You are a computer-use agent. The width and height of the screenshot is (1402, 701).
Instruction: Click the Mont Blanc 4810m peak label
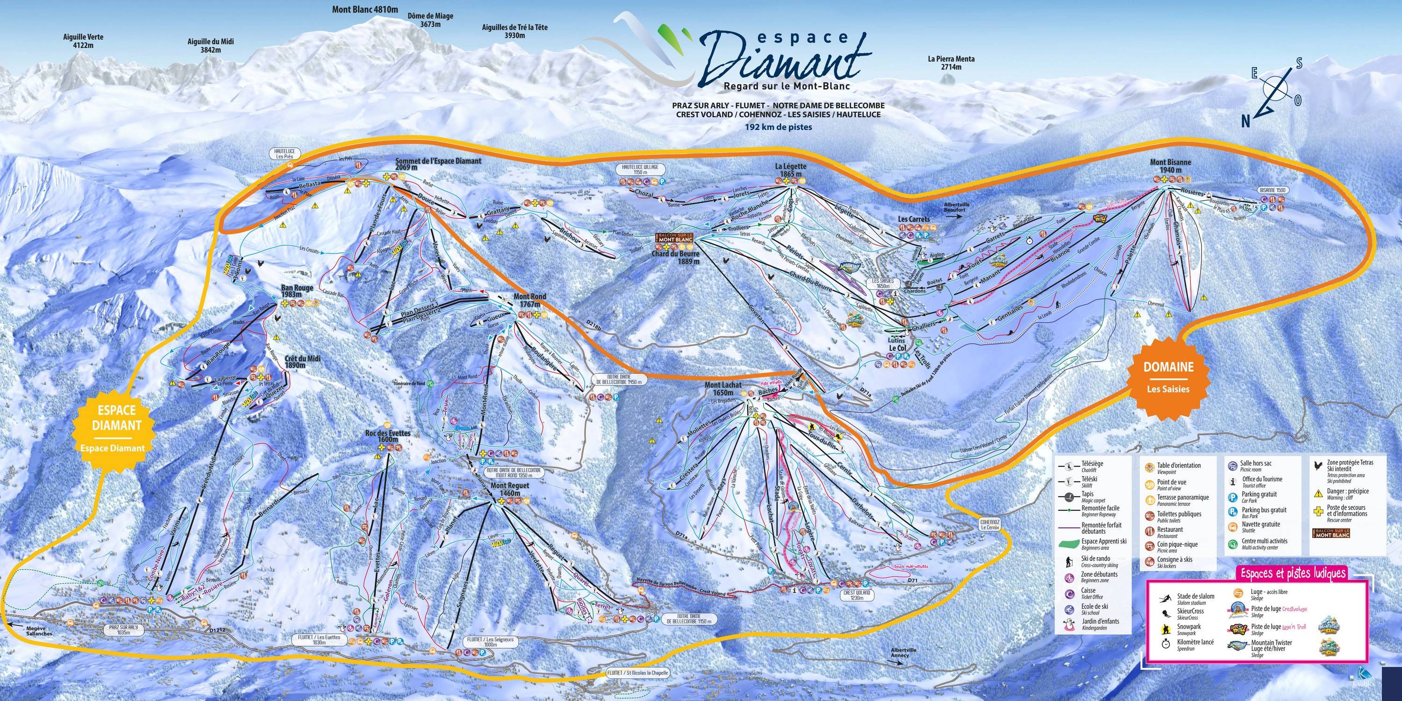[365, 9]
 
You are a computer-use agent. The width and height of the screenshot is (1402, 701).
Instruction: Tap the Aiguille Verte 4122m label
[83, 41]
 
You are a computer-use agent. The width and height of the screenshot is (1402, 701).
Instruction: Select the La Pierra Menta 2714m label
[951, 63]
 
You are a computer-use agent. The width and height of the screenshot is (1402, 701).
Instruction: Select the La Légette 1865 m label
[791, 170]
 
